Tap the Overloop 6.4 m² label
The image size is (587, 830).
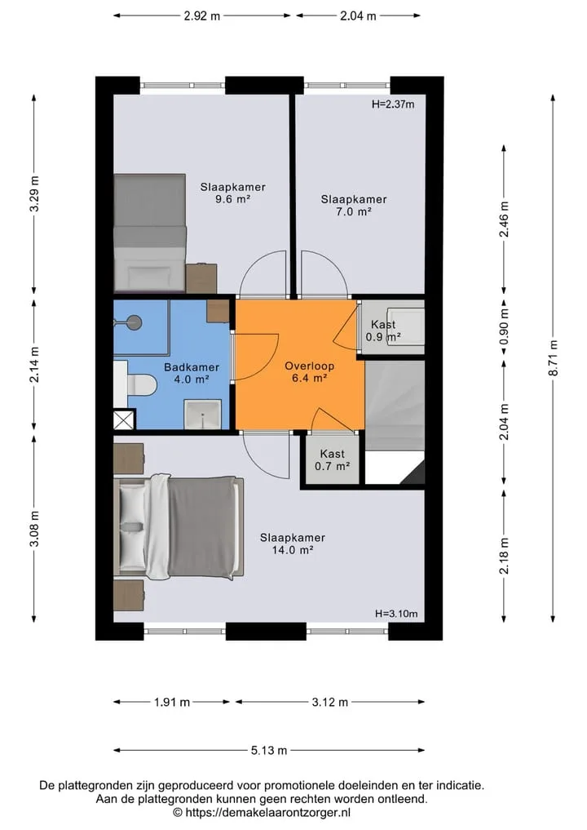[x=309, y=371]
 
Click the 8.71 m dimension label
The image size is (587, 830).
[x=553, y=357]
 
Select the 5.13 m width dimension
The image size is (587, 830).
[x=269, y=750]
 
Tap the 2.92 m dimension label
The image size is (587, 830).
[x=202, y=16]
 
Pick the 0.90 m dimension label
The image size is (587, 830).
[x=504, y=326]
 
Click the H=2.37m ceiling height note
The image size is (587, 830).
[x=393, y=104]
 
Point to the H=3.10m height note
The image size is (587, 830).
[x=396, y=614]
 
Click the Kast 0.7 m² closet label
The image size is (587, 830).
[x=332, y=460]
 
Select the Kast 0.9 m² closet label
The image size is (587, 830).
[x=383, y=331]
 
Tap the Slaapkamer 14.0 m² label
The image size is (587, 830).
[x=293, y=544]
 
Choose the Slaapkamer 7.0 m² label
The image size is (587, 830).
[x=354, y=206]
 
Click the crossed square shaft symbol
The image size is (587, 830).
[x=124, y=420]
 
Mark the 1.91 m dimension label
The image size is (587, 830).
[x=172, y=703]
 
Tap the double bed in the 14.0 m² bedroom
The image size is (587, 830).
[x=179, y=527]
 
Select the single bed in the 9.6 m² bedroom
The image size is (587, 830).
[x=150, y=233]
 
